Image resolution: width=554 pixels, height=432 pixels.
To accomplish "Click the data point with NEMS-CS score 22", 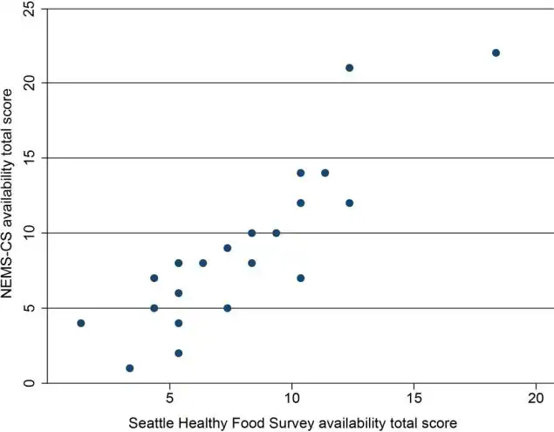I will click(496, 52).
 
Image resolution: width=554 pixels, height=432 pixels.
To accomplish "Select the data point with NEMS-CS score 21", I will click(349, 67).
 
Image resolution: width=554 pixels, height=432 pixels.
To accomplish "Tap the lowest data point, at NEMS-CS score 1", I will click(129, 368).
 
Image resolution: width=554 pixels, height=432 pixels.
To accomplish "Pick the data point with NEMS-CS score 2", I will click(178, 353).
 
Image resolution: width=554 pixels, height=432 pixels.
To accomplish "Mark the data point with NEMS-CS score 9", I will click(227, 248).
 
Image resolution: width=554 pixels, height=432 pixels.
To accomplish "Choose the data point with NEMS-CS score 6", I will click(178, 293).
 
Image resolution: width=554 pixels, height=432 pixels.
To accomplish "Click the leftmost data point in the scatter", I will click(80, 323).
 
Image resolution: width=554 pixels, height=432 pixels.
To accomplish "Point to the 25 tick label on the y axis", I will click(29, 8).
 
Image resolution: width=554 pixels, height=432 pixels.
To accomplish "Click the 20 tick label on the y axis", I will click(29, 83).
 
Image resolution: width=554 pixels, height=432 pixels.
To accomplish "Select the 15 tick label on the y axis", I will click(29, 158).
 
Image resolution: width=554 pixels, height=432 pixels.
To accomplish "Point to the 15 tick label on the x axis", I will click(414, 398).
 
